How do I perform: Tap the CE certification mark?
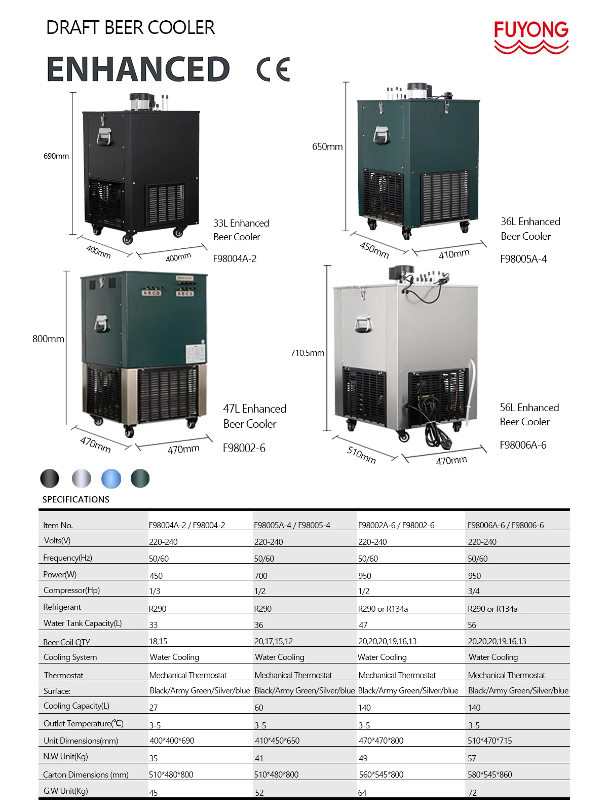coord(273,69)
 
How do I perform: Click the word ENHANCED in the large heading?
coord(138,69)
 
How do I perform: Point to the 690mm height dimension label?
coord(56,156)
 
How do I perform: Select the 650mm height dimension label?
coord(327,147)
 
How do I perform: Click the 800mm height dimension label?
coord(48,339)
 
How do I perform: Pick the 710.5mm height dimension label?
coord(307,353)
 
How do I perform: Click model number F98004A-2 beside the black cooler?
coord(235,259)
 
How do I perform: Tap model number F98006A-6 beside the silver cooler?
coord(523,445)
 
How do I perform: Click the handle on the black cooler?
coord(104,136)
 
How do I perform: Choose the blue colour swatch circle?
coord(111,478)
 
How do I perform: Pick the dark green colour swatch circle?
coord(140,478)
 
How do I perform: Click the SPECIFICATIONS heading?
coord(75,500)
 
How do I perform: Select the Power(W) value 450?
coord(156,576)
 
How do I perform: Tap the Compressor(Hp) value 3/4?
coord(474,591)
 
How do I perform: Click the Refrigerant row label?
coord(62,607)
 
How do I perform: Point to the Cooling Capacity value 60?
coord(259,708)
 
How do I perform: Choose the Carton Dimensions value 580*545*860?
coord(489,775)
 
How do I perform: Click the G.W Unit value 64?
coord(362,793)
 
